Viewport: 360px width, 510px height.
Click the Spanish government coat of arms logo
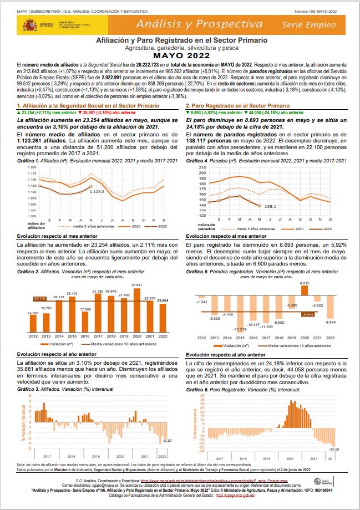[x=28, y=25]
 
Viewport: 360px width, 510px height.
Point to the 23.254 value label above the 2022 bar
[x=163, y=300]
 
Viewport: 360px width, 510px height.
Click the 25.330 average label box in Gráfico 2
[x=39, y=299]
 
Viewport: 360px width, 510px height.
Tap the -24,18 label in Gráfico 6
[x=334, y=448]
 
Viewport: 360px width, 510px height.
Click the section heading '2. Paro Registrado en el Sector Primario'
[x=237, y=105]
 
